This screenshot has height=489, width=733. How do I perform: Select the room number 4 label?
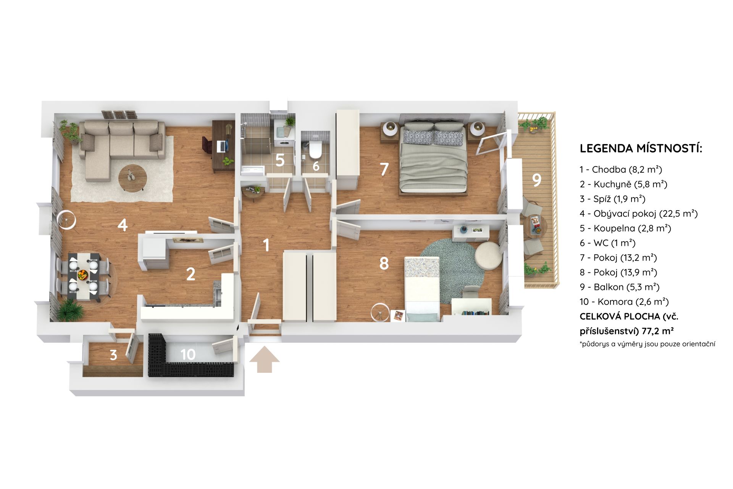tap(123, 225)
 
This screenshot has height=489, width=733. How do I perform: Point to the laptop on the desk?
tap(222, 145)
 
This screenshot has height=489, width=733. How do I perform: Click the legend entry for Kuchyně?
tap(623, 184)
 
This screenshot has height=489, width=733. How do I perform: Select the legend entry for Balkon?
tap(620, 287)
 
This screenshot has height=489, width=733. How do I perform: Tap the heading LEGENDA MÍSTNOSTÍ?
tap(641, 149)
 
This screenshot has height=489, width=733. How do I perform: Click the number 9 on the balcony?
tap(537, 180)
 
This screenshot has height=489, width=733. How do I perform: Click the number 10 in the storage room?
tap(188, 355)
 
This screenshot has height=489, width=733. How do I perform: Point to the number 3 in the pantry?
tap(113, 355)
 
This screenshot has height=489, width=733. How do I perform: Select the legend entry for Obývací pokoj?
tap(639, 214)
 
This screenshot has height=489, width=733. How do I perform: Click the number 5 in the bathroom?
tap(280, 160)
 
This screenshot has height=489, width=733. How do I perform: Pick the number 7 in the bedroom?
tap(384, 169)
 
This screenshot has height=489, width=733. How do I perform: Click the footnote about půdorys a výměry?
tap(647, 344)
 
